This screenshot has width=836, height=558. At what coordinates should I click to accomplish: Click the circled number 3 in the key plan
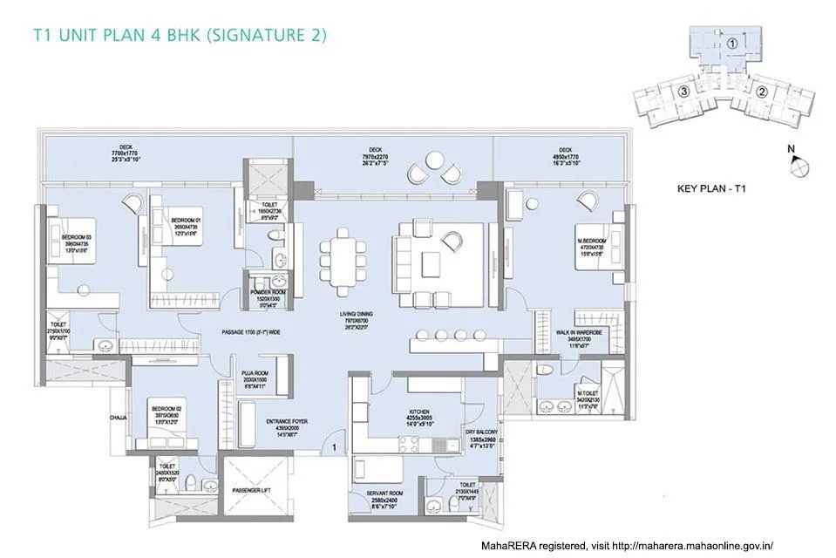coord(684,91)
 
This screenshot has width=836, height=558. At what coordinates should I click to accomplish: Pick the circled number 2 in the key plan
coord(761,91)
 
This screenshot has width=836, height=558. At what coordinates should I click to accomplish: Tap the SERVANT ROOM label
coord(384,493)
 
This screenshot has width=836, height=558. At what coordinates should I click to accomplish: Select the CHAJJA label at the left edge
coord(119,418)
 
